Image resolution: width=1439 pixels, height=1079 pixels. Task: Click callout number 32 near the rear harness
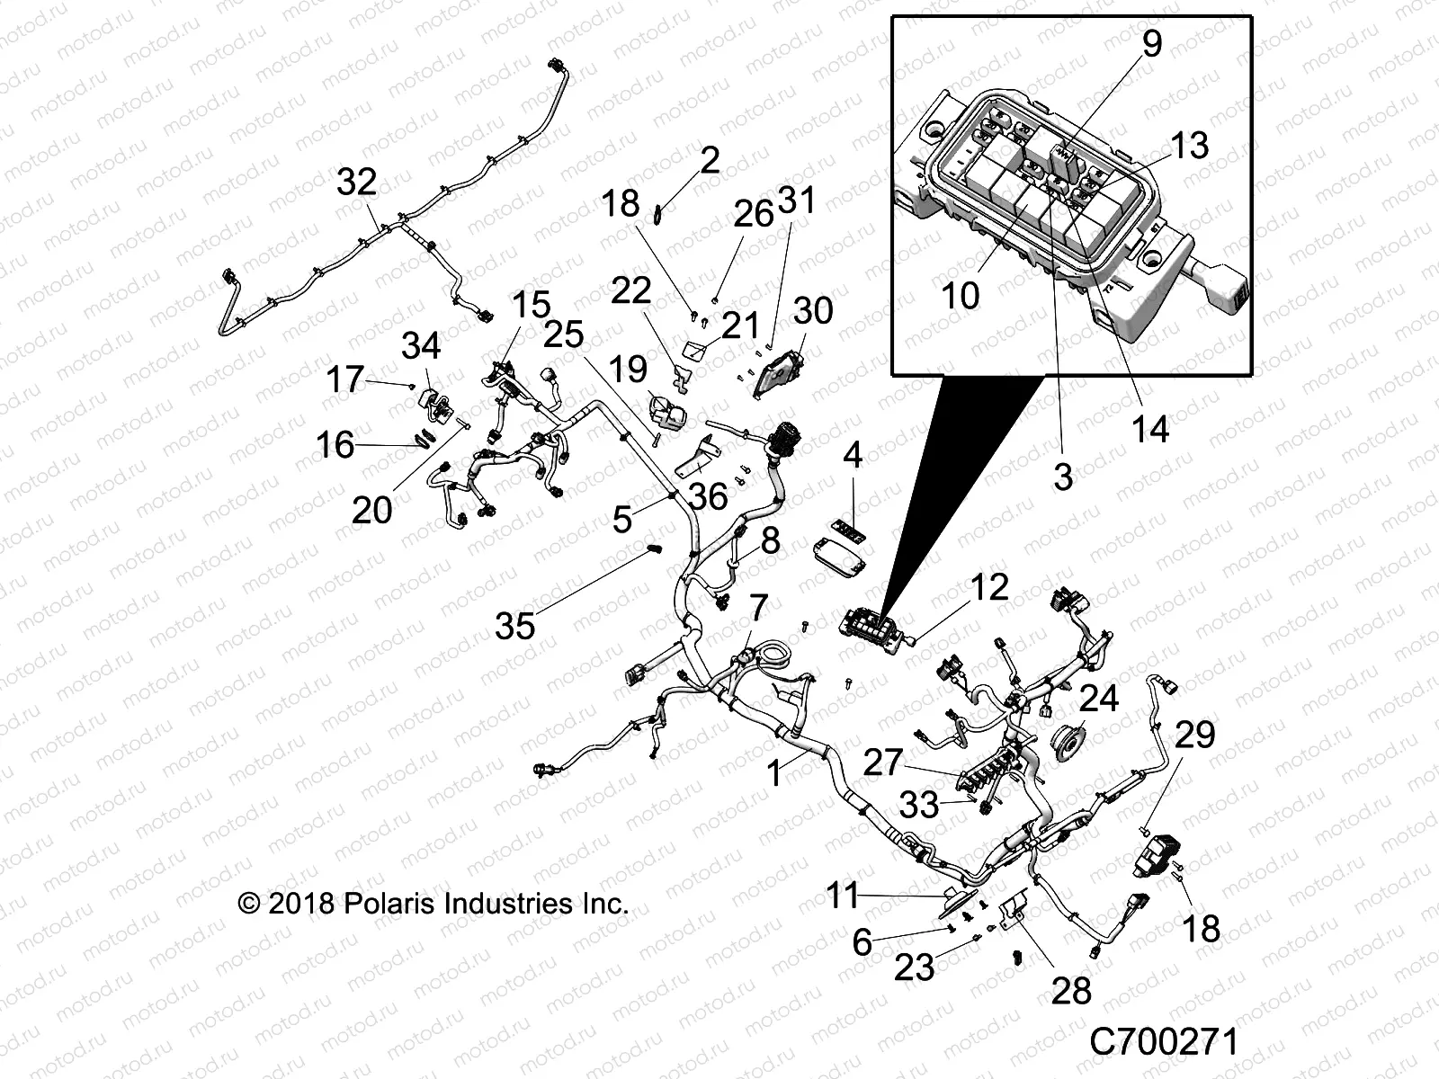(x=356, y=183)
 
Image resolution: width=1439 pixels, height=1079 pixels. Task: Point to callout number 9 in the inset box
(x=1151, y=43)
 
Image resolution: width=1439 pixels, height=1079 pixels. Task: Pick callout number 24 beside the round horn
(x=1098, y=698)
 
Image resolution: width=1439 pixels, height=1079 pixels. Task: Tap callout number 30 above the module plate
(x=813, y=310)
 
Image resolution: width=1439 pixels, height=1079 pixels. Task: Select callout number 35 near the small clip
(x=515, y=626)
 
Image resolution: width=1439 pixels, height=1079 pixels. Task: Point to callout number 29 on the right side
(x=1195, y=734)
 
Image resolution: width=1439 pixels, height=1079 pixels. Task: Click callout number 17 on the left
(x=344, y=379)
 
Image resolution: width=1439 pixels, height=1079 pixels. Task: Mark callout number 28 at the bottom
(x=1070, y=991)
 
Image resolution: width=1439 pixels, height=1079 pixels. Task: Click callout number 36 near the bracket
(x=707, y=495)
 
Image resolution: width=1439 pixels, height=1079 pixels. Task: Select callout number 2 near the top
(x=710, y=161)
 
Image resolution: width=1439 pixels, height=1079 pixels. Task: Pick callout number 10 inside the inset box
(x=960, y=294)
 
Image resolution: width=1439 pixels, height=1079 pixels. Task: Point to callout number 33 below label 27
(x=918, y=805)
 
